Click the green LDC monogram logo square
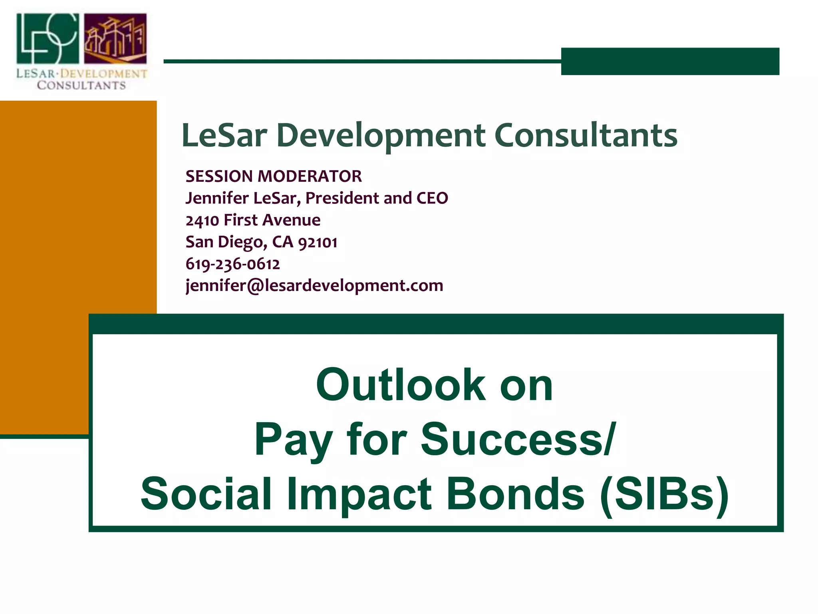point(48,38)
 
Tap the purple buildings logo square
point(115,38)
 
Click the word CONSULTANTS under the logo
point(81,86)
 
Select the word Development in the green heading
point(381,136)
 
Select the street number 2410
point(203,220)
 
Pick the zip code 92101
point(318,242)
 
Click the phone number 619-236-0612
point(233,264)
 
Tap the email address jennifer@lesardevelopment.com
point(314,286)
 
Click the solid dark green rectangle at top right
point(670,61)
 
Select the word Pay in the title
point(294,440)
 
